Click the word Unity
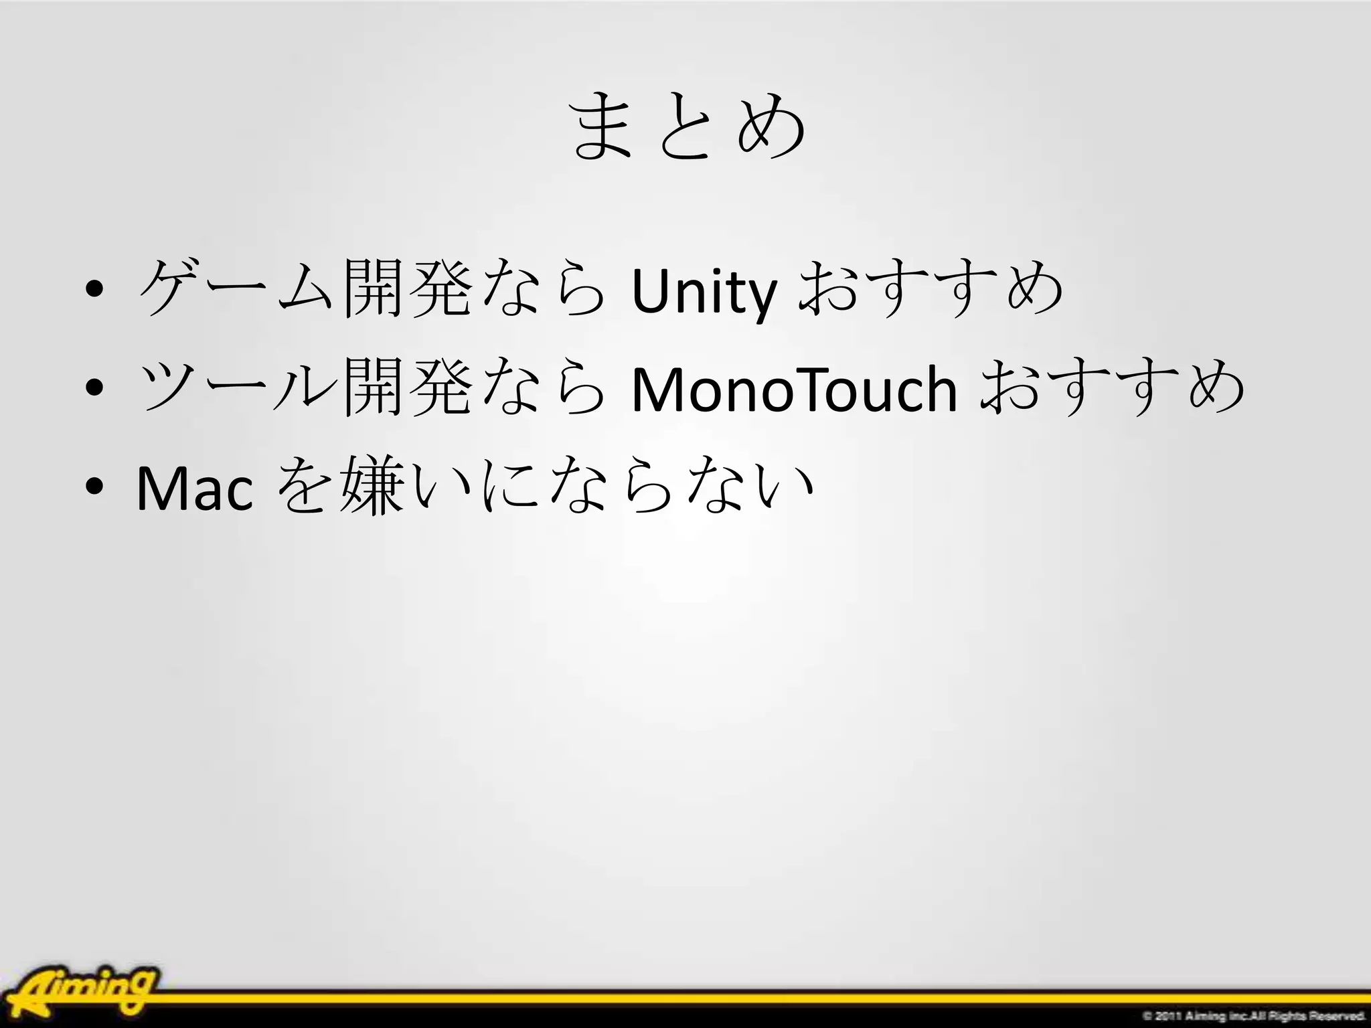click(x=704, y=292)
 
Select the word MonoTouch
click(x=794, y=390)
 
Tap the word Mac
click(x=195, y=489)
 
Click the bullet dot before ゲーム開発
click(x=94, y=292)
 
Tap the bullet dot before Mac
click(x=94, y=487)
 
